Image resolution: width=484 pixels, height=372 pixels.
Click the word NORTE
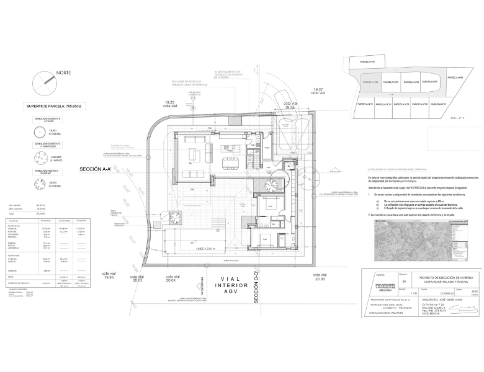[63, 73]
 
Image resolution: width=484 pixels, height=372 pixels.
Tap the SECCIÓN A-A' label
[100, 169]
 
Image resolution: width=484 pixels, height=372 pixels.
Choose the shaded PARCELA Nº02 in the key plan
[370, 82]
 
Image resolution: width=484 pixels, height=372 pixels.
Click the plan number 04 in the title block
[404, 264]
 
